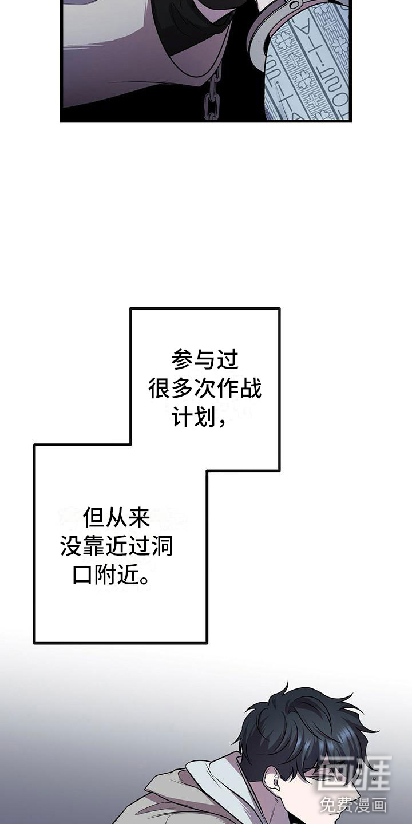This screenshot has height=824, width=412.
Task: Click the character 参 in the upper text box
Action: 182,360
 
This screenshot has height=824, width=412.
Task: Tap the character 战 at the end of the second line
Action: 250,390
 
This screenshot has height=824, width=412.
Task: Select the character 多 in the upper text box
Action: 182,390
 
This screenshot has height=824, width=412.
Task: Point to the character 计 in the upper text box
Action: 182,419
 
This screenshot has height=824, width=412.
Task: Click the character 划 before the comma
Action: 205,419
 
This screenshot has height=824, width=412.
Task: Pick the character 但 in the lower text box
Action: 94,518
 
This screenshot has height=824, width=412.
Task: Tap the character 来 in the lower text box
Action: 138,518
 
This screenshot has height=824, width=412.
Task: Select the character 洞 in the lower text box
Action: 162,548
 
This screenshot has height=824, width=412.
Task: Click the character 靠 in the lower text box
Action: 94,548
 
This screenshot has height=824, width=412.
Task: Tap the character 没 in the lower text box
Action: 71,548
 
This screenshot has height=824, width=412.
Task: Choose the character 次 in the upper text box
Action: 205,390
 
